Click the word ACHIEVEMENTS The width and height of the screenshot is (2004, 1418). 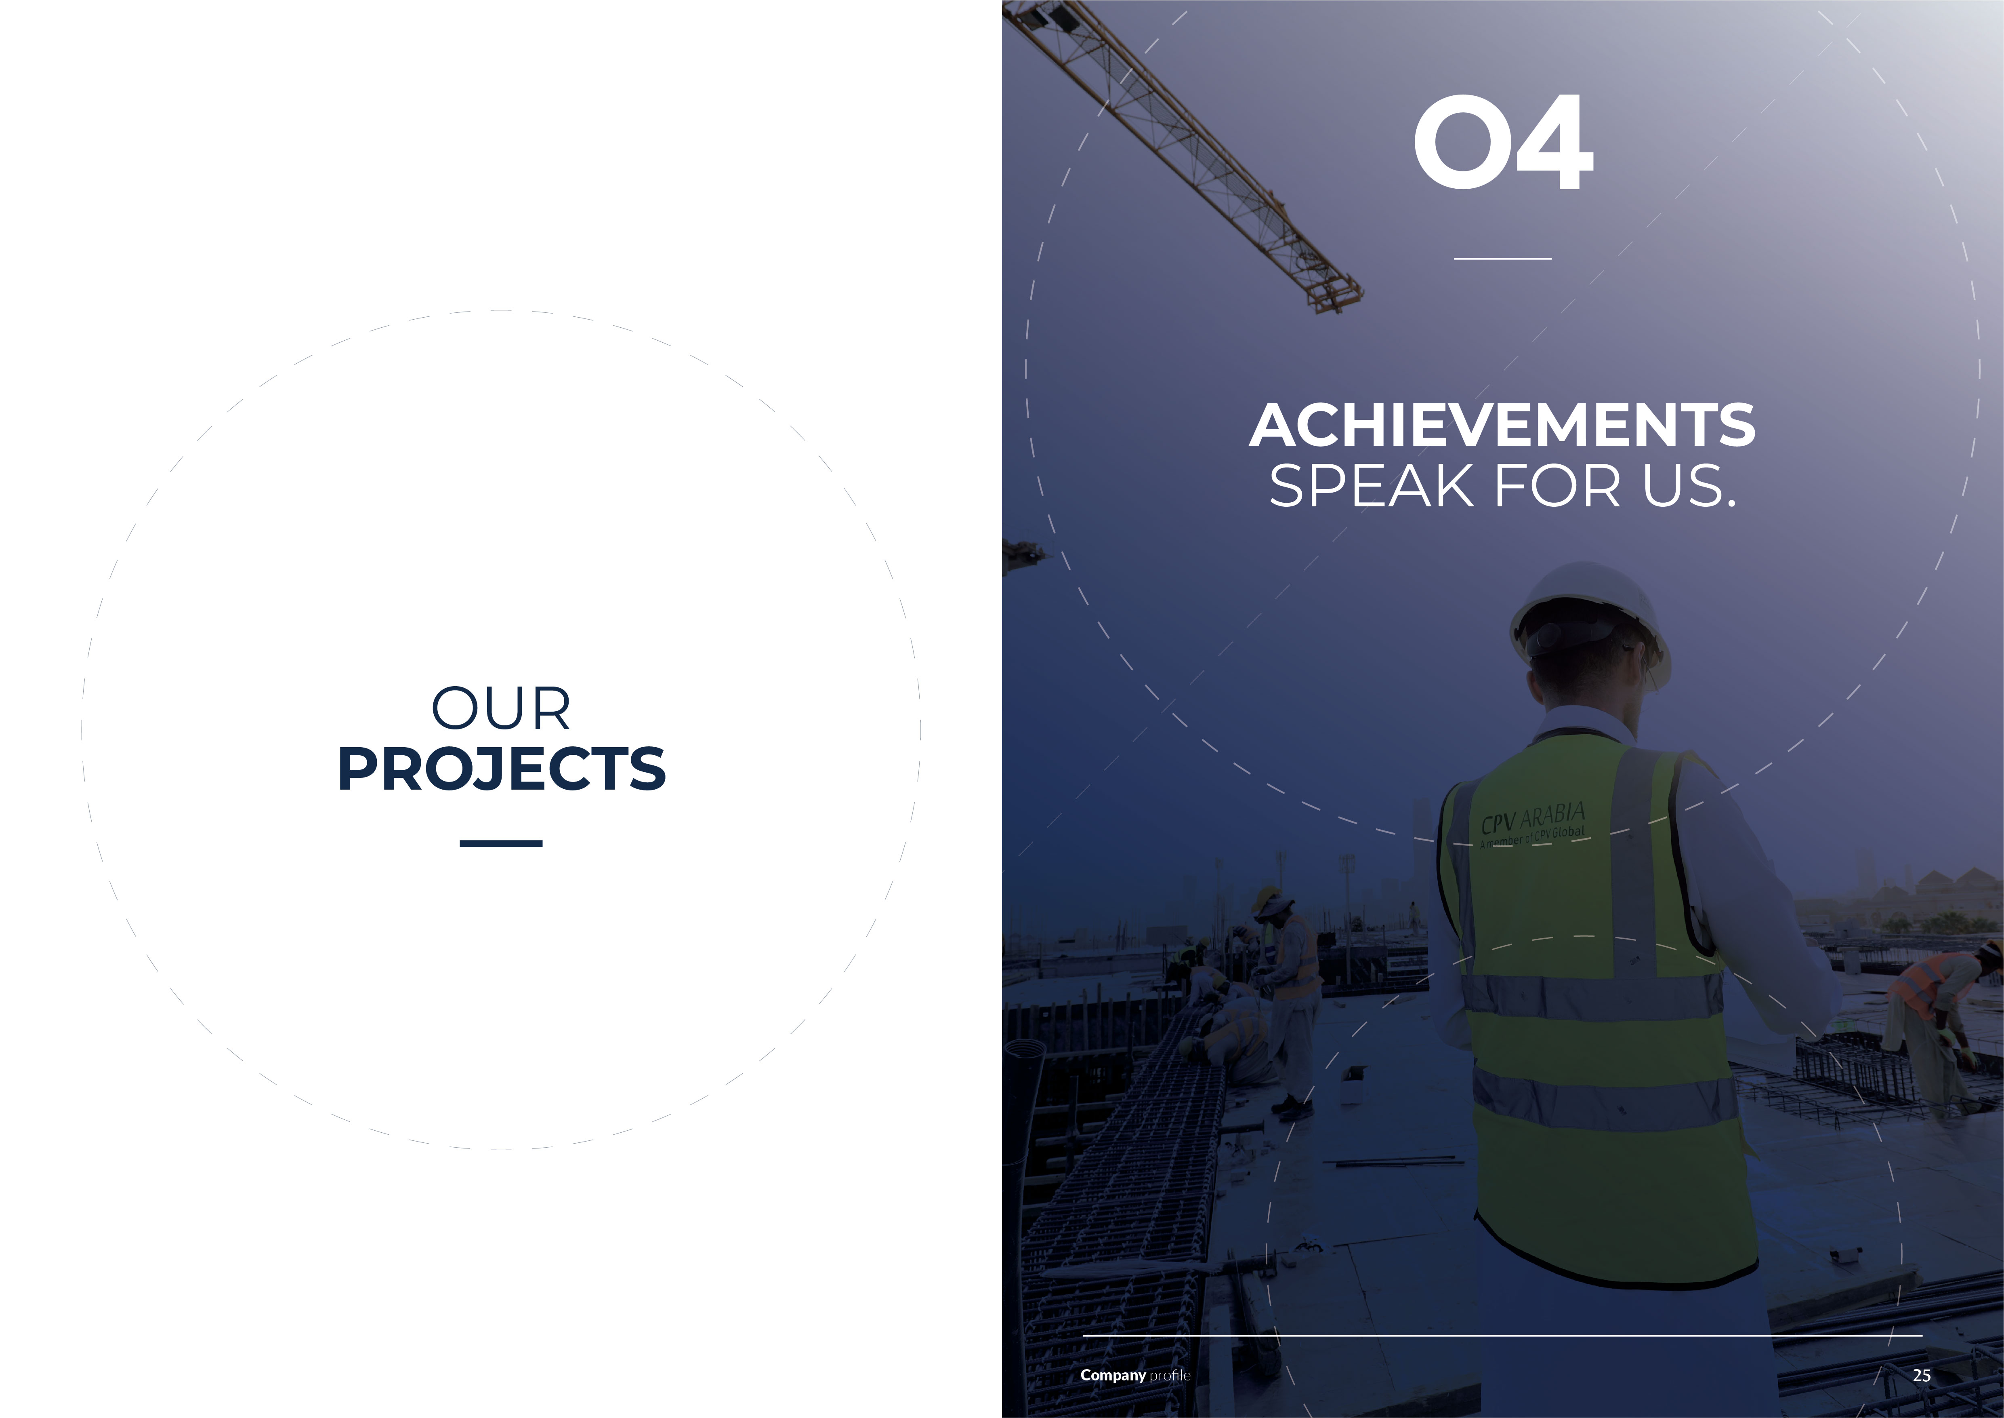pyautogui.click(x=1502, y=425)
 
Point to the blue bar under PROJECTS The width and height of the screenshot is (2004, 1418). pyautogui.click(x=501, y=843)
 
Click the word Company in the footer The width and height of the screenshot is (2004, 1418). pyautogui.click(x=1113, y=1375)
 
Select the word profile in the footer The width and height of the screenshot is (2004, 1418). pyautogui.click(x=1170, y=1375)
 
